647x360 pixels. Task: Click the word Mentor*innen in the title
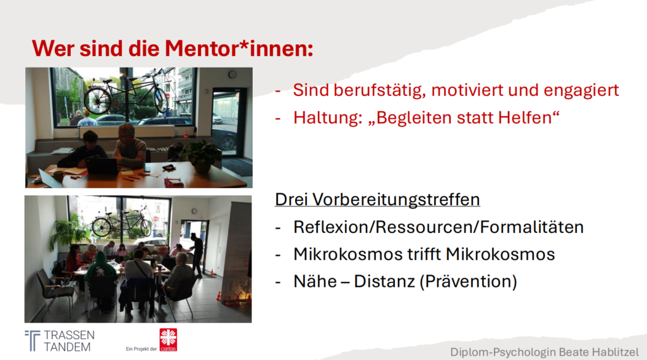pyautogui.click(x=239, y=48)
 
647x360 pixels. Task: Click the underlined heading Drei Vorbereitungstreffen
pyautogui.click(x=377, y=200)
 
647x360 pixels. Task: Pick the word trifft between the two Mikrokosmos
pyautogui.click(x=424, y=255)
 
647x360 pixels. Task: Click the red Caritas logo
pyautogui.click(x=168, y=340)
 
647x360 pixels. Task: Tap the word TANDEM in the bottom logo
pyautogui.click(x=67, y=347)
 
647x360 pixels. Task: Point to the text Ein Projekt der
pyautogui.click(x=141, y=349)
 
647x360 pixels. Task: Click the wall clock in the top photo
pyautogui.click(x=233, y=75)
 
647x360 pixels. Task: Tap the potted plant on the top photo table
pyautogui.click(x=202, y=156)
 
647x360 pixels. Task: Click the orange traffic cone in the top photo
pyautogui.click(x=186, y=135)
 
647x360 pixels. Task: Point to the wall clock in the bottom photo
pyautogui.click(x=194, y=212)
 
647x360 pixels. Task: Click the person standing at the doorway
pyautogui.click(x=197, y=255)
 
